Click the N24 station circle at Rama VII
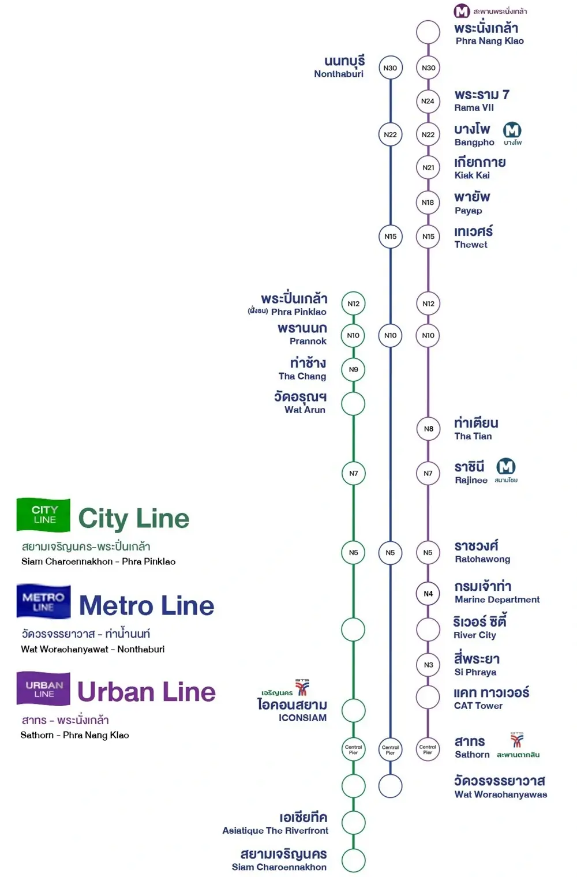pos(428,101)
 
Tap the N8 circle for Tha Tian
pos(428,429)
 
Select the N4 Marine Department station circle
pos(428,594)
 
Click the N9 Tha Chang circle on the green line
pos(353,370)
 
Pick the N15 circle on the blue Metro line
pos(391,237)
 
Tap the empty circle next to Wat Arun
pos(353,404)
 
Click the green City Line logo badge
pos(44,515)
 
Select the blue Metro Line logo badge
pos(44,602)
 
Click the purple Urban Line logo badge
pos(44,689)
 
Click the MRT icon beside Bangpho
pos(512,130)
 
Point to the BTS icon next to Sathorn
pos(517,740)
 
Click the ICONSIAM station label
pos(293,710)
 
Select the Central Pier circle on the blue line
pos(391,749)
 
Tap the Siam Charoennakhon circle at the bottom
pos(353,860)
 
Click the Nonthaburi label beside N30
pos(340,67)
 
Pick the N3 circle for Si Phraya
pos(428,665)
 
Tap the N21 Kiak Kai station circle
pos(428,168)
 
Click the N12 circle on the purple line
pos(428,303)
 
